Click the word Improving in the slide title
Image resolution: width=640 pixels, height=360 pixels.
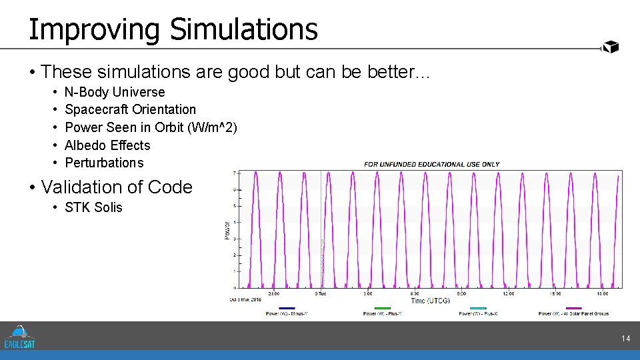(x=94, y=30)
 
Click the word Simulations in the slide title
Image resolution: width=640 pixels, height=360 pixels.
(x=243, y=29)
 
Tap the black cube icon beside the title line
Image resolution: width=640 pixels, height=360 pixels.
(x=610, y=47)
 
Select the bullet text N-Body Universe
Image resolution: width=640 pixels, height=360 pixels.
(x=115, y=92)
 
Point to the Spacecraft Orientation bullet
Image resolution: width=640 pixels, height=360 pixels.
(x=130, y=109)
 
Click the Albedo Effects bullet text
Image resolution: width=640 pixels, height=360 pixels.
(x=107, y=145)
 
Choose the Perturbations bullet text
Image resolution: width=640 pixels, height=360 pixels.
(x=104, y=163)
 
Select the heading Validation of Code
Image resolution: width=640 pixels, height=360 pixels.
(x=117, y=187)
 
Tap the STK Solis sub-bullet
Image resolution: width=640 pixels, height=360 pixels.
(x=93, y=207)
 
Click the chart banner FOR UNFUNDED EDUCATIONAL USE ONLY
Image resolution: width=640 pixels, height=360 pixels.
(x=431, y=164)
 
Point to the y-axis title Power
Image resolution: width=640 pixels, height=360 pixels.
(x=227, y=230)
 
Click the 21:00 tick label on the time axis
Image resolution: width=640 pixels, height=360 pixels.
(x=273, y=293)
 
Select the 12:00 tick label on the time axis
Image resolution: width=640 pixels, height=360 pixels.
(x=509, y=293)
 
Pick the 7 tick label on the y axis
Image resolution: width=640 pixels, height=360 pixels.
(x=233, y=173)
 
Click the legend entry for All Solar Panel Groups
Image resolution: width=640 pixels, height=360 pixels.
(x=573, y=313)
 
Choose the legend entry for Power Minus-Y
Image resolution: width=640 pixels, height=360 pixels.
(x=286, y=313)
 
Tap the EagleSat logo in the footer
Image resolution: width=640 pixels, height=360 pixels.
(x=19, y=337)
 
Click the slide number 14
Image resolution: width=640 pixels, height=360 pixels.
(x=625, y=339)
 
